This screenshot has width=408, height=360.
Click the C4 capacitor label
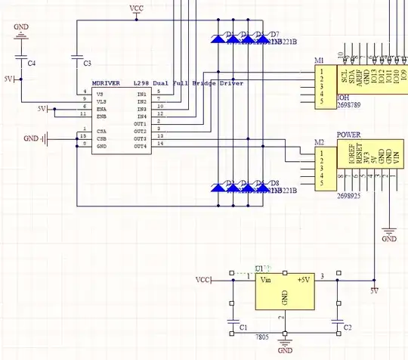pos(31,64)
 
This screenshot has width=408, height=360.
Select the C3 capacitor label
pos(86,63)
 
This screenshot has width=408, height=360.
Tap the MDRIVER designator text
pos(108,82)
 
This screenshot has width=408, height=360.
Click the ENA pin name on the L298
pos(100,108)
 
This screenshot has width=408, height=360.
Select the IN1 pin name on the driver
pos(141,94)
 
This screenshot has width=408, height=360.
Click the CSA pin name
pos(100,131)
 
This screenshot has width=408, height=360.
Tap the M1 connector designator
pos(320,61)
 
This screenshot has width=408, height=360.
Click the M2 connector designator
pos(320,143)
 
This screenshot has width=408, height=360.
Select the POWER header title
pos(349,134)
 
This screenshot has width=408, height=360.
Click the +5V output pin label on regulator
pos(304,280)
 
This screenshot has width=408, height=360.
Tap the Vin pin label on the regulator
pos(265,280)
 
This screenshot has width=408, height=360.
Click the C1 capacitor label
pos(243,327)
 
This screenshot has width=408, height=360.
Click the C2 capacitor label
pos(347,327)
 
